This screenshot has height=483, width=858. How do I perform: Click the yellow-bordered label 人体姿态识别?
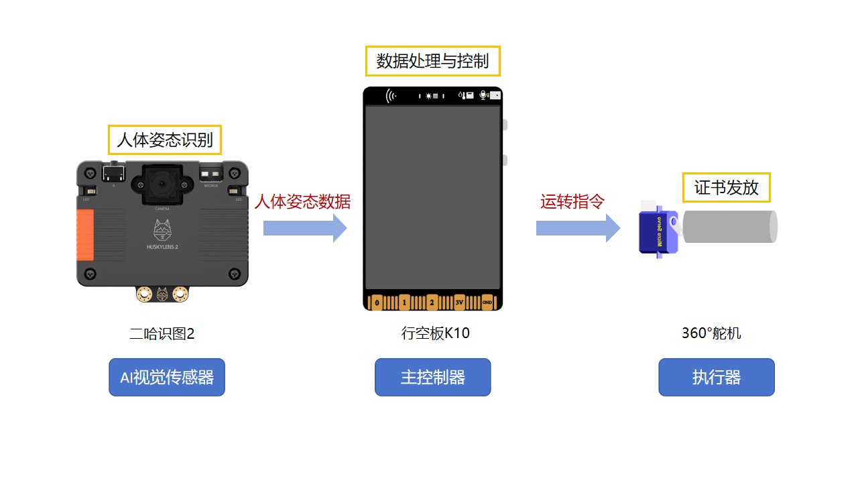(165, 140)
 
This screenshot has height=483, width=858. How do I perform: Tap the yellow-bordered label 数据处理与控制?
(432, 62)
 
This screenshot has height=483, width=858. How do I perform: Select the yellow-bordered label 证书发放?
(726, 188)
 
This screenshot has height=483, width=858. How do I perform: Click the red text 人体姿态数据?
(302, 202)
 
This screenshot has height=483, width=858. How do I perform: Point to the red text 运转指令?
(572, 202)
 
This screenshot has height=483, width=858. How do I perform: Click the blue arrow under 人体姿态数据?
(304, 228)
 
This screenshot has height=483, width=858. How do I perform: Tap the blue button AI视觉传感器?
(167, 377)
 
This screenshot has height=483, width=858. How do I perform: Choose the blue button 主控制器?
(432, 377)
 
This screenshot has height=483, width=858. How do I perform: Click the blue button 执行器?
(716, 377)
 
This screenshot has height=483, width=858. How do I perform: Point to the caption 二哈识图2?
(162, 333)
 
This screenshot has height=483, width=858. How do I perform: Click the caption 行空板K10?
(435, 333)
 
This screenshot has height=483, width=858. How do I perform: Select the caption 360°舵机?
(711, 333)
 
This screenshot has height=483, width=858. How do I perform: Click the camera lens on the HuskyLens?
(162, 182)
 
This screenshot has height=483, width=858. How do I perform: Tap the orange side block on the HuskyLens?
(85, 234)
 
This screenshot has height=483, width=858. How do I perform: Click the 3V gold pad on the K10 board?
(459, 303)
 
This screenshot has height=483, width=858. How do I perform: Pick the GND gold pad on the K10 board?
(487, 303)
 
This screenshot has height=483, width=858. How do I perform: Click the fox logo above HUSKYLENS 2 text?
(162, 231)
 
